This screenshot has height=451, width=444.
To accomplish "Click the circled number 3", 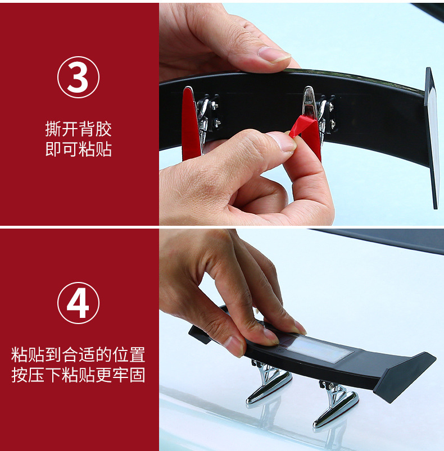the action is (x=78, y=77).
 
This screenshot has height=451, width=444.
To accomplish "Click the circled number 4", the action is (x=78, y=303).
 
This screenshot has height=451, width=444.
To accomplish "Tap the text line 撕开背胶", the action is (x=78, y=129).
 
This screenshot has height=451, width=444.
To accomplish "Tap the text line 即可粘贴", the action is (x=78, y=149).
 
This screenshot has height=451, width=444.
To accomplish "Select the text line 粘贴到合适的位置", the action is (x=78, y=354).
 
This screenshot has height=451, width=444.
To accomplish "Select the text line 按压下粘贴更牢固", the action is (x=78, y=375).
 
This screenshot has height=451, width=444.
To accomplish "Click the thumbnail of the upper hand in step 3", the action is (x=274, y=54).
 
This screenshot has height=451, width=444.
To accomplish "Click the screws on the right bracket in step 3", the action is (x=331, y=115).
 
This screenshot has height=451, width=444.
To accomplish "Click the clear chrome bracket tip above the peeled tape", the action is (x=309, y=101).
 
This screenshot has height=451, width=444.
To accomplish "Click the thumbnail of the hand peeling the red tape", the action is (x=283, y=142).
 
